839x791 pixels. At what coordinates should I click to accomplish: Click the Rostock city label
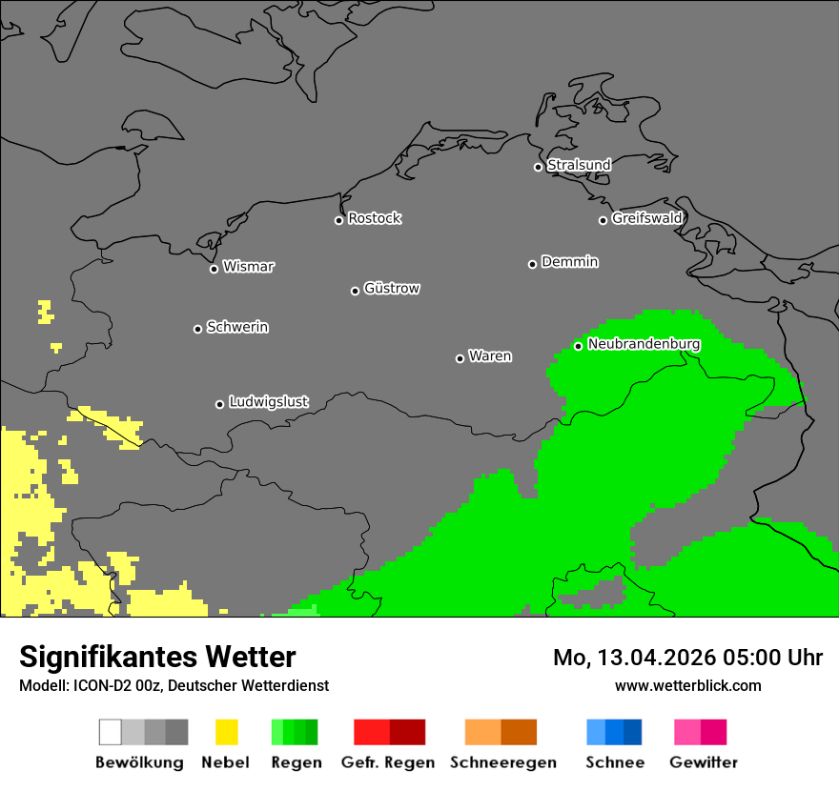pyautogui.click(x=375, y=218)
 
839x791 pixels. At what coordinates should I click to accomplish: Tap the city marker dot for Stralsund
pyautogui.click(x=538, y=167)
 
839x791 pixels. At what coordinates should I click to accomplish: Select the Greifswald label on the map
pyautogui.click(x=647, y=218)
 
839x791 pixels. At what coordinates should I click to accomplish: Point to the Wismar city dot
pyautogui.click(x=214, y=269)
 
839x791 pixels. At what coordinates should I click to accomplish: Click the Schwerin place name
pyautogui.click(x=237, y=327)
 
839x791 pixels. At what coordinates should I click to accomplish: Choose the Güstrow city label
pyautogui.click(x=392, y=288)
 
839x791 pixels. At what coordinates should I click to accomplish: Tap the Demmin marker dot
pyautogui.click(x=532, y=264)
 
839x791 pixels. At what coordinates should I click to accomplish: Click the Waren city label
pyautogui.click(x=490, y=356)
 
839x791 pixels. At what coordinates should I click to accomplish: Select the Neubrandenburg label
pyautogui.click(x=645, y=344)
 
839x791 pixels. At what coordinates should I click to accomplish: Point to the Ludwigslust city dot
pyautogui.click(x=219, y=404)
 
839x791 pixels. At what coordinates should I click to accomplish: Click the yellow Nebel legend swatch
pyautogui.click(x=226, y=732)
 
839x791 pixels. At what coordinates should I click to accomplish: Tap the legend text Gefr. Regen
pyautogui.click(x=389, y=762)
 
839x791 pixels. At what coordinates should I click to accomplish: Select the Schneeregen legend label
pyautogui.click(x=503, y=762)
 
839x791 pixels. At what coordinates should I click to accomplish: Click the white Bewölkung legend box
pyautogui.click(x=110, y=732)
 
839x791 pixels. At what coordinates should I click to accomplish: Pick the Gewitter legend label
pyautogui.click(x=704, y=762)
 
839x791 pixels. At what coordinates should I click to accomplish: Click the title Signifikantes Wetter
pyautogui.click(x=157, y=657)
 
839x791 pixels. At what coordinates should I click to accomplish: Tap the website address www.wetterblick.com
pyautogui.click(x=687, y=685)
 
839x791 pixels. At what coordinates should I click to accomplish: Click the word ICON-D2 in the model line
pyautogui.click(x=98, y=685)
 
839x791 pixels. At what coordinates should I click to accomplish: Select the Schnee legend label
pyautogui.click(x=615, y=762)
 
